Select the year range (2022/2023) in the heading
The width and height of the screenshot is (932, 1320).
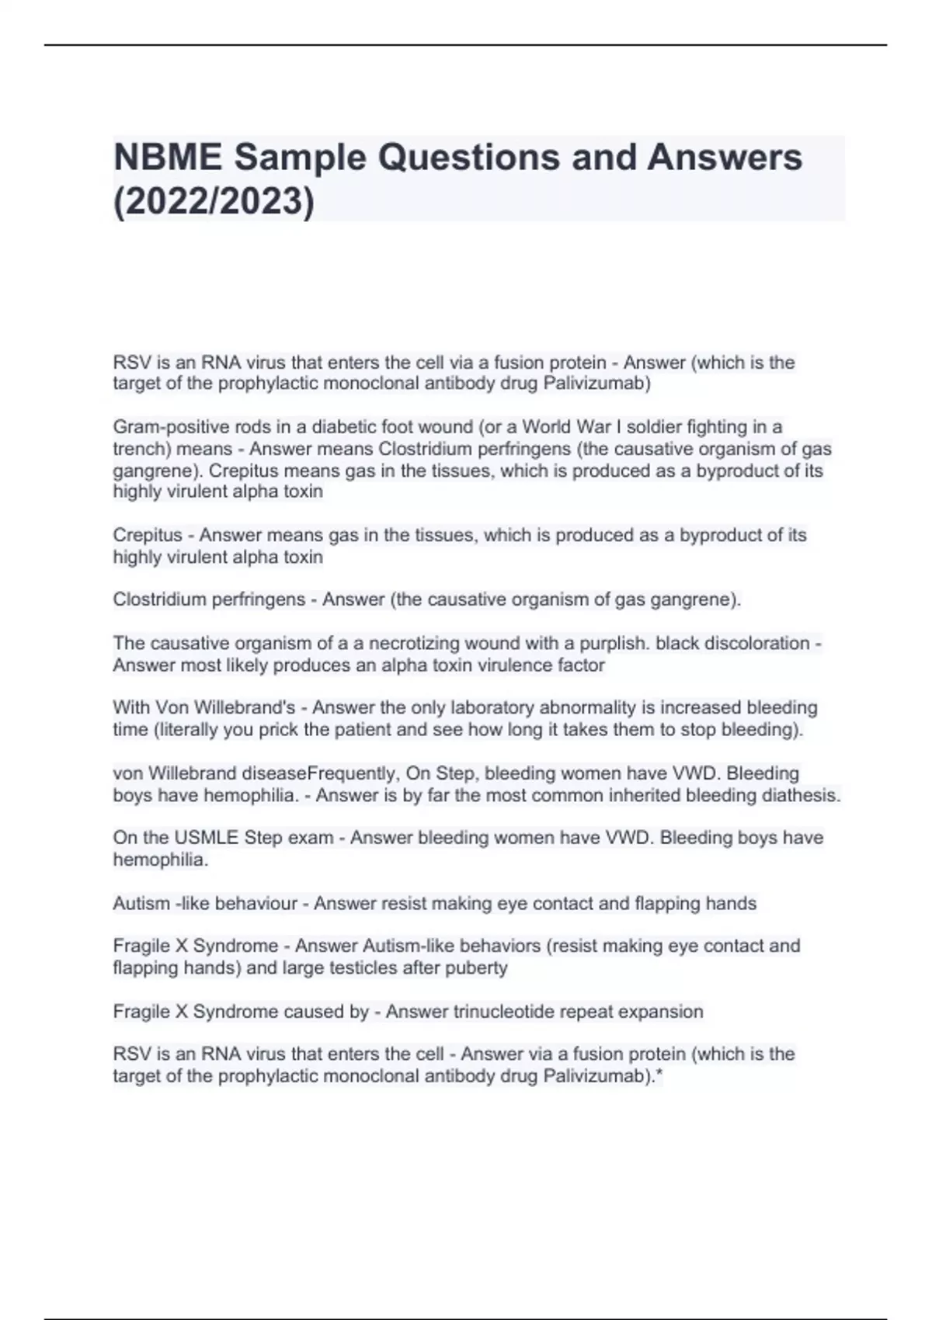click(x=214, y=202)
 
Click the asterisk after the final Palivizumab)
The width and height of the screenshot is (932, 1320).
click(x=659, y=1075)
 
